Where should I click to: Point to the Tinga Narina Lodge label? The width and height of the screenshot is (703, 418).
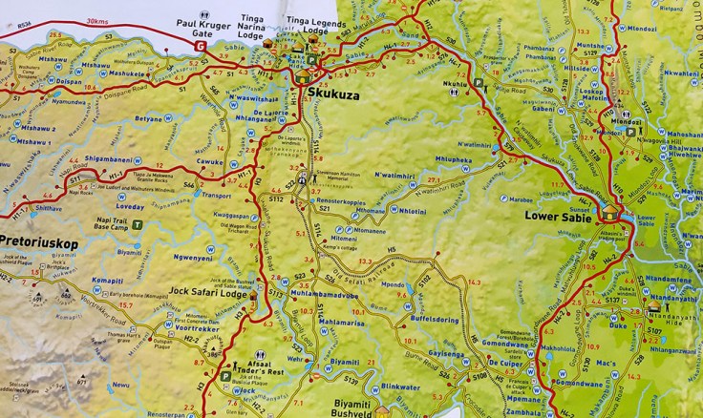click(x=280, y=25)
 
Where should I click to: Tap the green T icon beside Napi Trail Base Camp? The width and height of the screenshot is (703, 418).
click(x=138, y=226)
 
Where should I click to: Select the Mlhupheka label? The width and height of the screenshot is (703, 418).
click(x=454, y=159)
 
